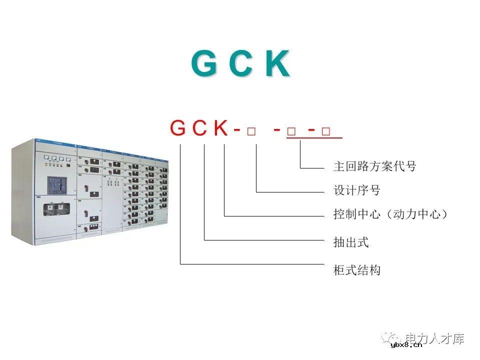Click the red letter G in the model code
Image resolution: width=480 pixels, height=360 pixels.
tap(178, 128)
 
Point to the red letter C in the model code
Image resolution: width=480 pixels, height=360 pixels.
tap(200, 128)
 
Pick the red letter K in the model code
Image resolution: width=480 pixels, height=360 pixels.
tap(220, 128)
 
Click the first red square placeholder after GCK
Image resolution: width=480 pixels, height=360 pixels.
tap(251, 131)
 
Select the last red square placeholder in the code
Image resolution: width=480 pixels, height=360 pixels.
tap(326, 131)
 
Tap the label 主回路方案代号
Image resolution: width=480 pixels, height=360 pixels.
tap(374, 166)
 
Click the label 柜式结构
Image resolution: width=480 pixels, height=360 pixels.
tap(357, 270)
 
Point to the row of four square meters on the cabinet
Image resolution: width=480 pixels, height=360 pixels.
tap(54, 159)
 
